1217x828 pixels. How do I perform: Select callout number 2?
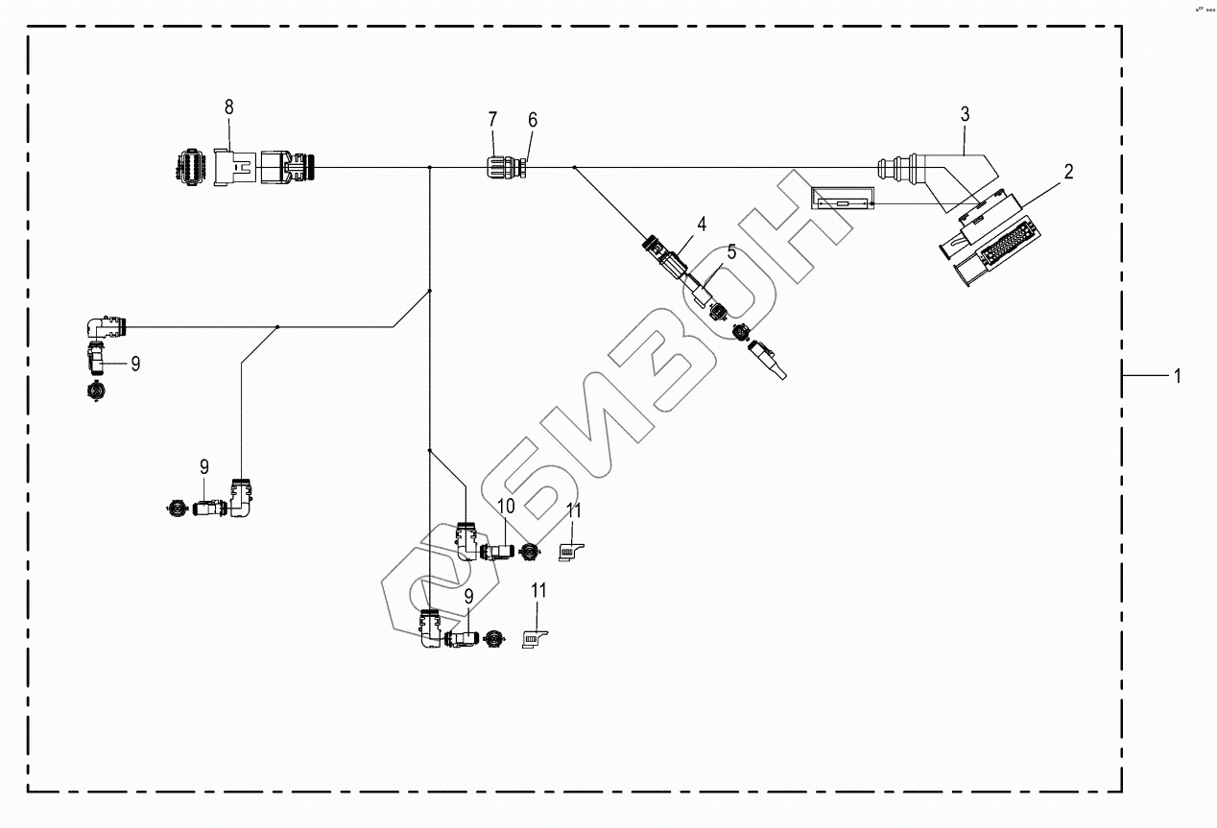(1067, 173)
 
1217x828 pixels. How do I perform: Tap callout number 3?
(966, 114)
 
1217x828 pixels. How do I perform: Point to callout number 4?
(702, 225)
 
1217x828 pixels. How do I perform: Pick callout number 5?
(731, 252)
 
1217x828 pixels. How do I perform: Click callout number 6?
(533, 120)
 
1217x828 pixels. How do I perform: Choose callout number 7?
(492, 120)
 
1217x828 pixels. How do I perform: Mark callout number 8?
(228, 106)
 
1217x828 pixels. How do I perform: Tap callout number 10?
(506, 505)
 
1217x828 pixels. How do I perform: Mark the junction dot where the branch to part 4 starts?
(574, 168)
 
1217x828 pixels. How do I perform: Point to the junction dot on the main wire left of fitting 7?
(429, 168)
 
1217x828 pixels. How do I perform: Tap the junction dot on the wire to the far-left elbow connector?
(277, 327)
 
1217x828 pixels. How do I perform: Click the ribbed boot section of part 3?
(899, 169)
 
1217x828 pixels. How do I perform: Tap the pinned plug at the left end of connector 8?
(188, 167)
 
